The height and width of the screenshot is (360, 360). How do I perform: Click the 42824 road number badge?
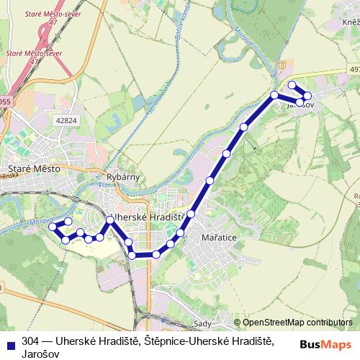66,121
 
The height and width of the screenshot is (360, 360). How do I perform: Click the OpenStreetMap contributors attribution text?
298,323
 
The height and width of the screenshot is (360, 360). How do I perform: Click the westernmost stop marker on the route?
52,227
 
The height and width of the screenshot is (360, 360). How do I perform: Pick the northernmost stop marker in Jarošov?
292,85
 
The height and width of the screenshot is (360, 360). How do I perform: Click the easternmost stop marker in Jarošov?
307,96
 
